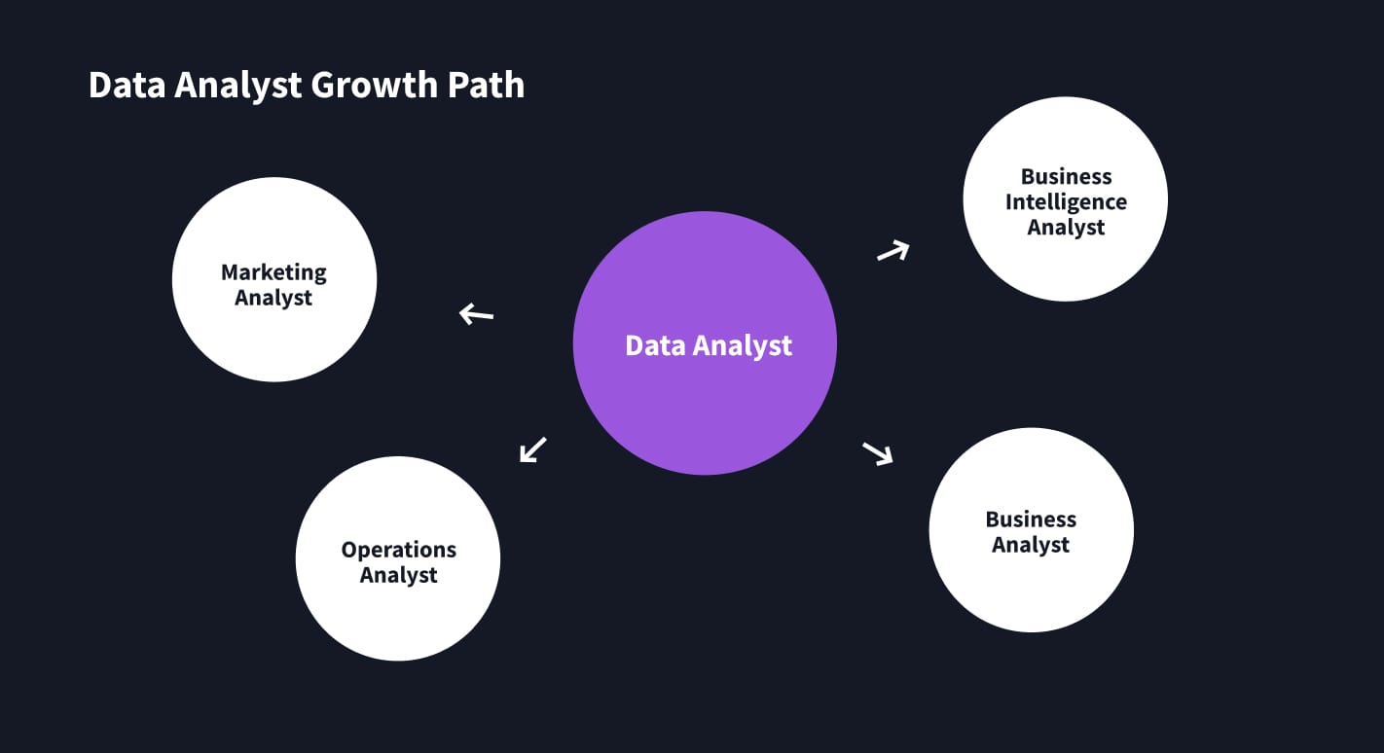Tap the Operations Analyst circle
(397, 603)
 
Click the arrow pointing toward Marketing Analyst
(476, 313)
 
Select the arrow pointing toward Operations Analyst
(532, 449)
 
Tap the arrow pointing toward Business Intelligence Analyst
(892, 251)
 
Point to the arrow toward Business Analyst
(877, 453)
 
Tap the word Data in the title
(126, 86)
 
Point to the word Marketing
(273, 272)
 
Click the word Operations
(398, 550)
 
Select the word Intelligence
(1066, 202)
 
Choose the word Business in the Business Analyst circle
(1031, 520)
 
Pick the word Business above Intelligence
(1066, 177)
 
